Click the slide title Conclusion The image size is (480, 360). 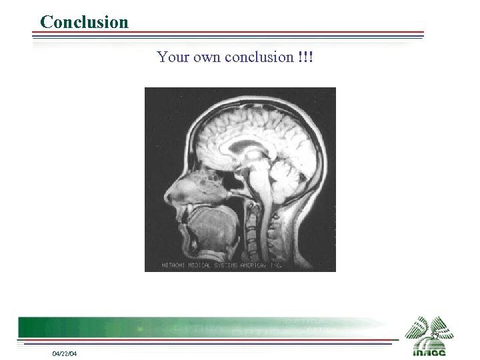click(84, 22)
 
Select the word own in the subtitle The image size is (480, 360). click(207, 57)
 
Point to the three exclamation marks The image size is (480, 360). click(306, 57)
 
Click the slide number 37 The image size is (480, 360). click(434, 336)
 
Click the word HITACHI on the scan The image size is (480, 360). click(174, 265)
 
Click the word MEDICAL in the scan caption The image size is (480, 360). click(199, 265)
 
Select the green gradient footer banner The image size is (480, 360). click(200, 327)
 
